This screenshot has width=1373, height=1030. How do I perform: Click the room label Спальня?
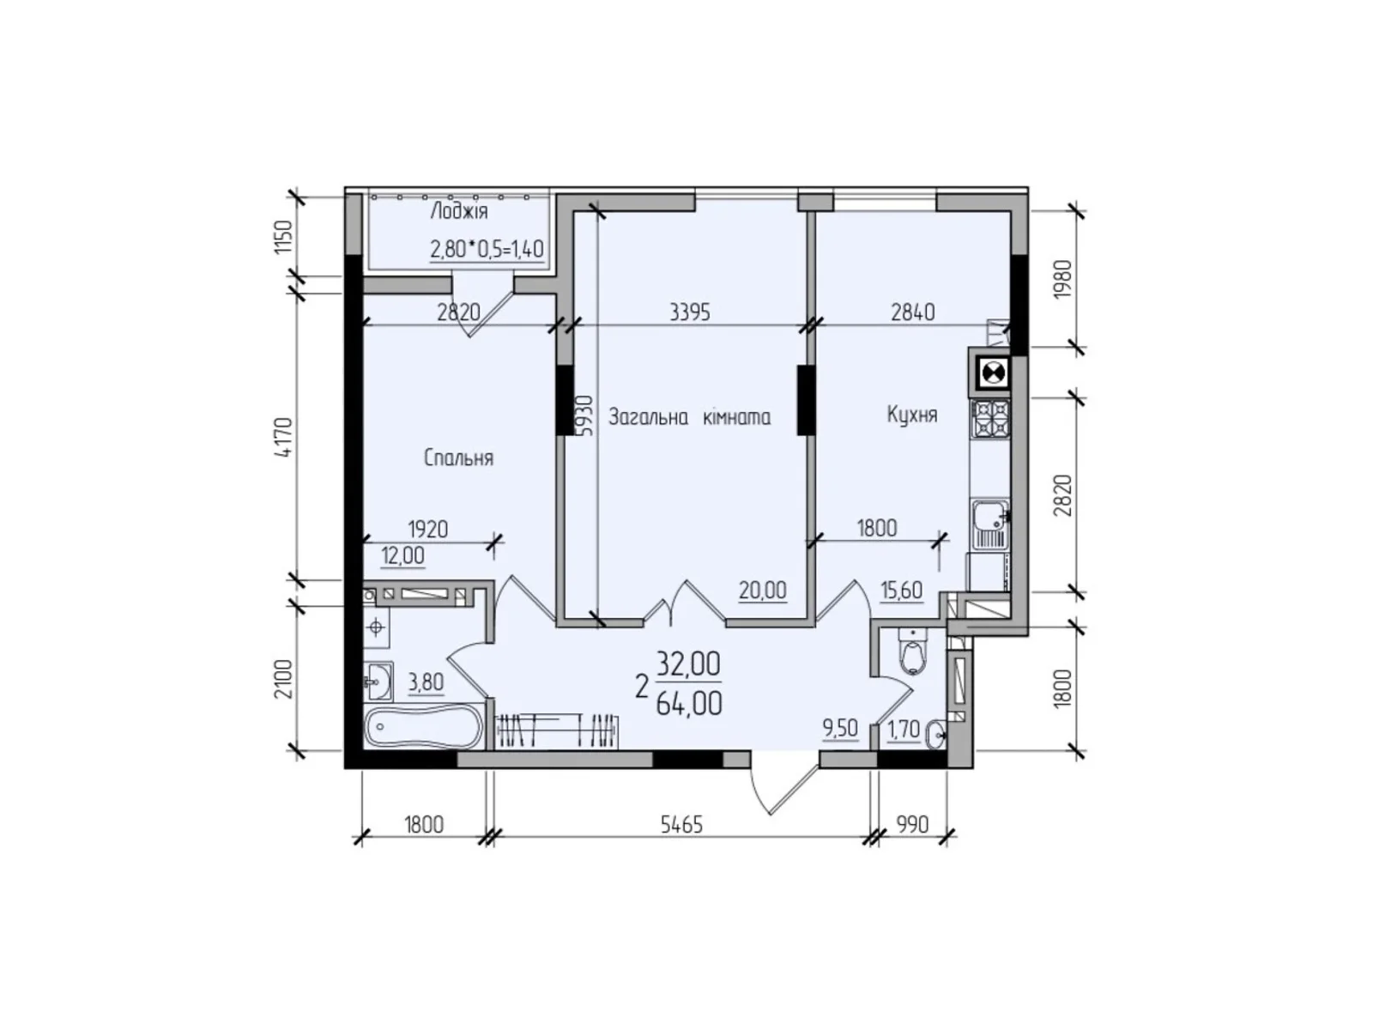[458, 458]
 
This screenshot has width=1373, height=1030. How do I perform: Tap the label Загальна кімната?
[689, 418]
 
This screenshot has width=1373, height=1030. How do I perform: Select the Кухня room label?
[911, 415]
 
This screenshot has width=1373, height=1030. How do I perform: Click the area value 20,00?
[762, 591]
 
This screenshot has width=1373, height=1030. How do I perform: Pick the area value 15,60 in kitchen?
[901, 591]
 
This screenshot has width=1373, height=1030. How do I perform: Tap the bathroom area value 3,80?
[426, 683]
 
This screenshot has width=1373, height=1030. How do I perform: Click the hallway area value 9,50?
[839, 729]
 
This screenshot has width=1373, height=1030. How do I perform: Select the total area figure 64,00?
[688, 704]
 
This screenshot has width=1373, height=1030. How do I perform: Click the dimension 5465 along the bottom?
[681, 825]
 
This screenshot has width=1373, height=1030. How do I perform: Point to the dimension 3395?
[690, 312]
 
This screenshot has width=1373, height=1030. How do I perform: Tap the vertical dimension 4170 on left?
[286, 439]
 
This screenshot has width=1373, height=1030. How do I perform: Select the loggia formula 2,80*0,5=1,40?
[487, 250]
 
